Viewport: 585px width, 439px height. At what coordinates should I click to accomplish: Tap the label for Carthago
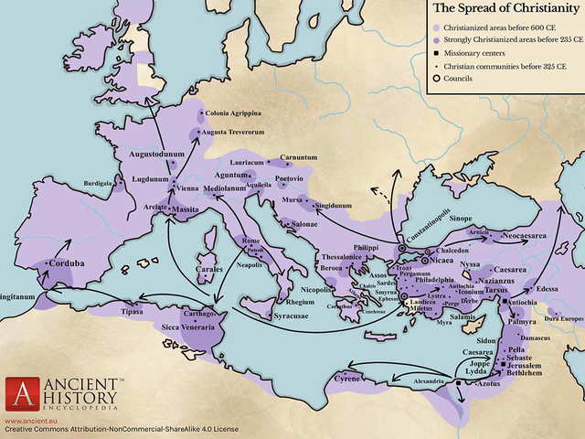tap(201, 313)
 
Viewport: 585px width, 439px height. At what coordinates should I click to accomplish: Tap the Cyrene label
tap(346, 377)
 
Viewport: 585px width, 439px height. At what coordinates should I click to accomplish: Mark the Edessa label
tap(549, 288)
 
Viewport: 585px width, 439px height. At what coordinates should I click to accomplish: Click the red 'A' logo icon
tap(21, 393)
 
